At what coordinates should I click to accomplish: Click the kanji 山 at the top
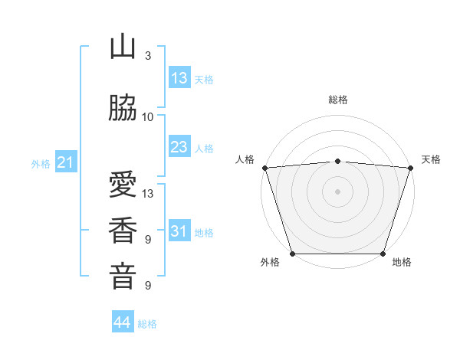pyautogui.click(x=123, y=47)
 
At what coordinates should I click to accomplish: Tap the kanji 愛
pyautogui.click(x=123, y=186)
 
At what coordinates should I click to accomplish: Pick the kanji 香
pyautogui.click(x=123, y=231)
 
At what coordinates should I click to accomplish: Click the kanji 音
pyautogui.click(x=123, y=277)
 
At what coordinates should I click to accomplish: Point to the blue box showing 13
pyautogui.click(x=179, y=78)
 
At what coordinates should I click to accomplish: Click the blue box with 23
pyautogui.click(x=179, y=147)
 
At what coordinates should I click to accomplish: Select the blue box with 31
pyautogui.click(x=179, y=231)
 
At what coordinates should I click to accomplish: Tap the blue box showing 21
pyautogui.click(x=65, y=162)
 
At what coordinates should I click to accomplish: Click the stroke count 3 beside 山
pyautogui.click(x=148, y=56)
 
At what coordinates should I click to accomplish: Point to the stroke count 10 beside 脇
pyautogui.click(x=148, y=117)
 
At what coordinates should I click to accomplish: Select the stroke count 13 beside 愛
pyautogui.click(x=148, y=194)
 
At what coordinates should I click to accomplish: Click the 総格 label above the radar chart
pyautogui.click(x=338, y=100)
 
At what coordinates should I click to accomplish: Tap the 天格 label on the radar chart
pyautogui.click(x=431, y=159)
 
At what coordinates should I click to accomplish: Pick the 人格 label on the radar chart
pyautogui.click(x=245, y=159)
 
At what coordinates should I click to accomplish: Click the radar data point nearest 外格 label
pyautogui.click(x=292, y=254)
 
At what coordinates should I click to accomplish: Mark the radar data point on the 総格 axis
pyautogui.click(x=338, y=161)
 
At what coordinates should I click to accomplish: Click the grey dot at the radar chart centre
pyautogui.click(x=338, y=191)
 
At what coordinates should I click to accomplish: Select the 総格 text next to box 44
pyautogui.click(x=147, y=324)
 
